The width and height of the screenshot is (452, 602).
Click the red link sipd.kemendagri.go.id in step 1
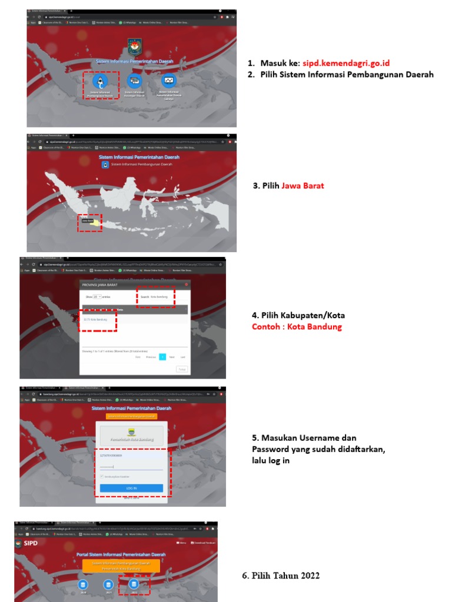coord(346,63)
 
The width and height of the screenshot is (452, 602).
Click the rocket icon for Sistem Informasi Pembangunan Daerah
coord(100,81)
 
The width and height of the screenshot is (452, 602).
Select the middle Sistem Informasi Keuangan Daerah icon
coord(135,81)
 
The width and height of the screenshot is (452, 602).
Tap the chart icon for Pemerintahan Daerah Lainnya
coord(169,81)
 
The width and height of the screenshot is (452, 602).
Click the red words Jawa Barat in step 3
coord(303,186)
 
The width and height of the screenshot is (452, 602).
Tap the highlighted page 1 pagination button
coord(162,357)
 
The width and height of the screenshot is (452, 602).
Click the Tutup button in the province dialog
coord(182,369)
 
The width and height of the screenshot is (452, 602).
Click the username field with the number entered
coord(131,456)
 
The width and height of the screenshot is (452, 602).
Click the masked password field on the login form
coord(131,467)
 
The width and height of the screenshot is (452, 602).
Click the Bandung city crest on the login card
coord(131,435)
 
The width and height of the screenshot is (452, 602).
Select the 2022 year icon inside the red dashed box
coord(134,585)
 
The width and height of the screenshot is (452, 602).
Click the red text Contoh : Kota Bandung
coord(297,327)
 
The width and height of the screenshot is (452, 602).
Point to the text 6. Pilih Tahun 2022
coord(281,576)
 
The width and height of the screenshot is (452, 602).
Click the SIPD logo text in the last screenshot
coord(28,543)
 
